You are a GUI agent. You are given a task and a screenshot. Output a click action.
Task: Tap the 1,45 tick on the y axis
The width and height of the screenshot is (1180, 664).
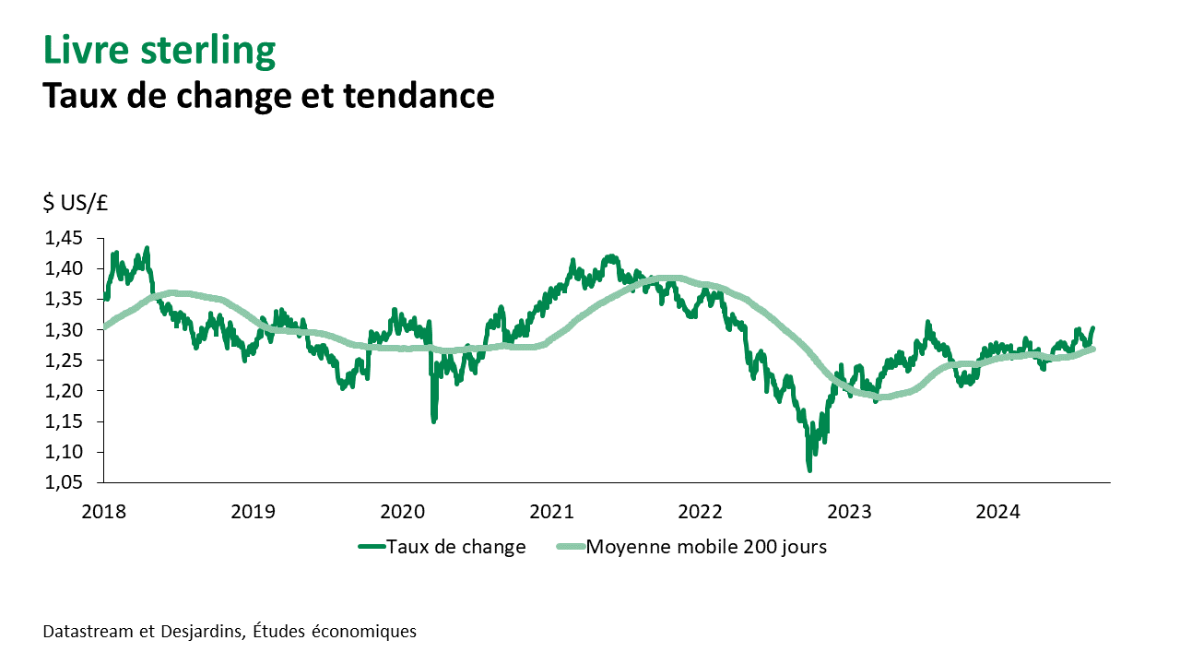pyautogui.click(x=64, y=239)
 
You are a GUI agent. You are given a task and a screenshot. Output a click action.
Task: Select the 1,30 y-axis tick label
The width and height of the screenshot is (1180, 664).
pyautogui.click(x=64, y=330)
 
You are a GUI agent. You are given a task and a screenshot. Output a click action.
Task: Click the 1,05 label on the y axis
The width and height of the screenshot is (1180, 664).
pyautogui.click(x=64, y=482)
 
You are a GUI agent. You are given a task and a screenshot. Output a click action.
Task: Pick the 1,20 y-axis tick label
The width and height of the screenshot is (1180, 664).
pyautogui.click(x=64, y=391)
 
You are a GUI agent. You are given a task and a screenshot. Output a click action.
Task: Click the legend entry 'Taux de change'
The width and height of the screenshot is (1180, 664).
pyautogui.click(x=455, y=547)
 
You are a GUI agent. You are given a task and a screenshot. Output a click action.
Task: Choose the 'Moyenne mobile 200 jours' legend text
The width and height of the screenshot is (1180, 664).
pyautogui.click(x=706, y=547)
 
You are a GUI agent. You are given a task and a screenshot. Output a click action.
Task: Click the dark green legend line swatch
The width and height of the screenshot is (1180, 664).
pyautogui.click(x=370, y=547)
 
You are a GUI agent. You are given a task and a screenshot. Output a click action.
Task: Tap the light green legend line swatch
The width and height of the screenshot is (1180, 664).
pyautogui.click(x=570, y=547)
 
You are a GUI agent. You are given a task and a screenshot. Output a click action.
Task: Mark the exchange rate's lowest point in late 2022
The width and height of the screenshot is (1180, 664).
pyautogui.click(x=809, y=470)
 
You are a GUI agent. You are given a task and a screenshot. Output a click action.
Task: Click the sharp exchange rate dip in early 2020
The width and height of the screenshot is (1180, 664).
pyautogui.click(x=433, y=421)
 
